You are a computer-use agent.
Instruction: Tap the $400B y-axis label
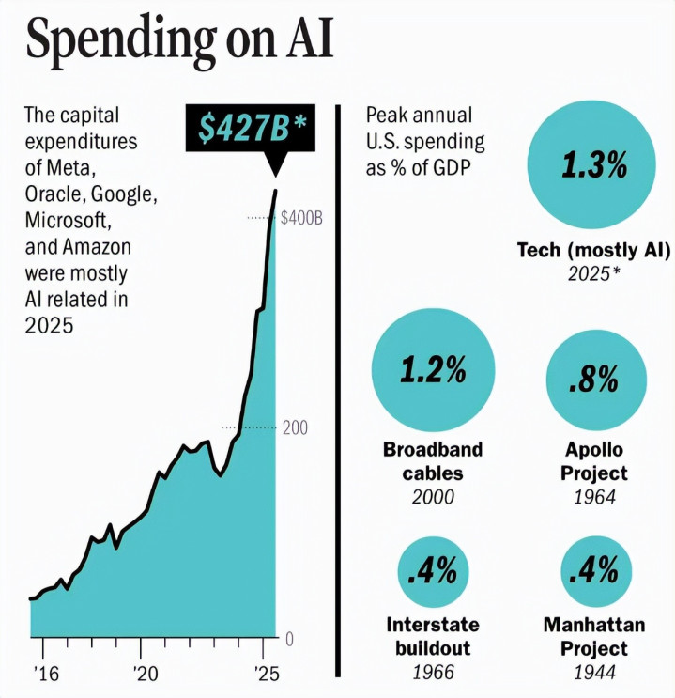pos(302,218)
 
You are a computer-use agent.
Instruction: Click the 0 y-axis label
pos(289,639)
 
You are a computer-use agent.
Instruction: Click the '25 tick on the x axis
pos(268,674)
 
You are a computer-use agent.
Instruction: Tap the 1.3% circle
pos(593,167)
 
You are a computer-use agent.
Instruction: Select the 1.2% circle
pos(433,370)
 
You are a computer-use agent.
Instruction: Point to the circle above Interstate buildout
pos(433,569)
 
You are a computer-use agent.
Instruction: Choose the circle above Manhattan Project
pos(593,569)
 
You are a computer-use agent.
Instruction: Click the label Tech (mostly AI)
pos(593,251)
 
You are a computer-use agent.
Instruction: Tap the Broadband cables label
pos(433,460)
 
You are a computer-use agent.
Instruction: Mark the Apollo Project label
pos(594,460)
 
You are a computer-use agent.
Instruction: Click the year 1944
pos(594,673)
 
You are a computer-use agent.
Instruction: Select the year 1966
pos(433,673)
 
